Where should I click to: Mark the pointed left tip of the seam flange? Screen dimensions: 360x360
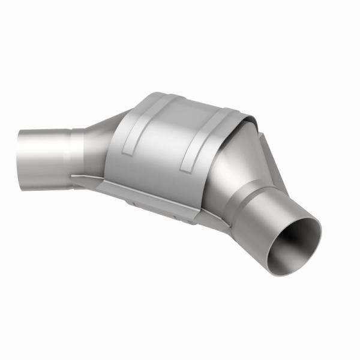coord(71,175)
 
